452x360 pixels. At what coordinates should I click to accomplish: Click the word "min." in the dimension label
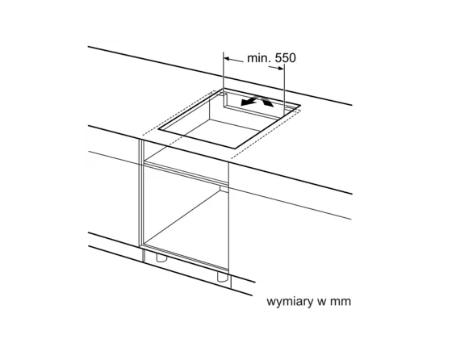click(259, 58)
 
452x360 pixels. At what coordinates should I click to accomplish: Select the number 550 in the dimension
click(286, 58)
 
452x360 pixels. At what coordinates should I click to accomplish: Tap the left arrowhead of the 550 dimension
click(227, 59)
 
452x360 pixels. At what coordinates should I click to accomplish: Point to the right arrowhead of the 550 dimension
click(281, 68)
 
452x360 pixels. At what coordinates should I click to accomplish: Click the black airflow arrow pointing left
click(249, 101)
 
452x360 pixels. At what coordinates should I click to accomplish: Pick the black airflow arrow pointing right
click(266, 102)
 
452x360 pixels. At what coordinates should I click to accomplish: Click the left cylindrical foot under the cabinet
click(161, 257)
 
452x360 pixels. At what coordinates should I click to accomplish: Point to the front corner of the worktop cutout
click(235, 149)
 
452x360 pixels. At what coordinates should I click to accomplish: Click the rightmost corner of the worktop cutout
click(300, 106)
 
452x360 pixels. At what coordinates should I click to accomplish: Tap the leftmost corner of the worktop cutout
click(158, 128)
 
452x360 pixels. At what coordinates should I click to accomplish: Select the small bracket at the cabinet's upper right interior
click(224, 189)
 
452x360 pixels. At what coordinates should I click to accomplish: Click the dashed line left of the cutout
click(179, 112)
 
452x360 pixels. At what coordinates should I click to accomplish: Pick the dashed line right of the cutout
click(266, 134)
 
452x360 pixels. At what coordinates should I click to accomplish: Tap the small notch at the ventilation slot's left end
click(223, 94)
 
